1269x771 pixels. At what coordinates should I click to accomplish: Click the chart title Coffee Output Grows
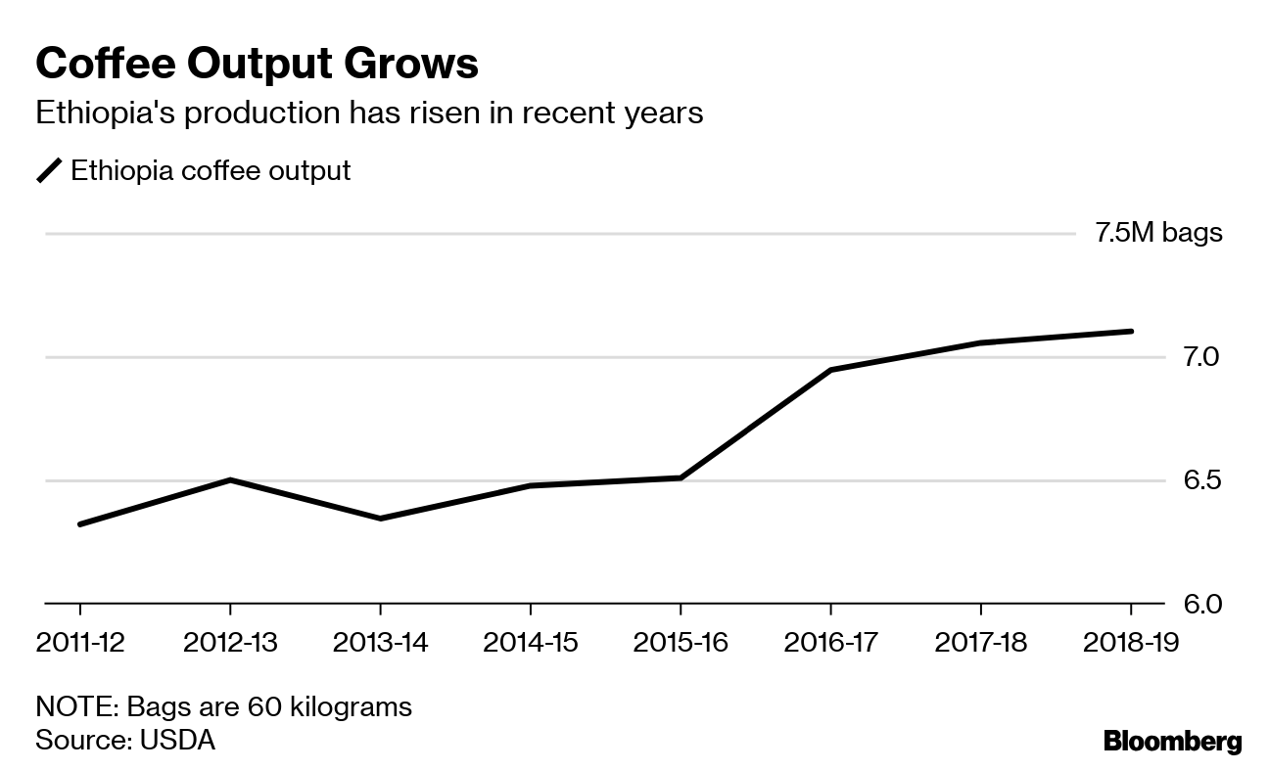[257, 65]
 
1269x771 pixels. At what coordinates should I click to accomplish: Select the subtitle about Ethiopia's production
[369, 113]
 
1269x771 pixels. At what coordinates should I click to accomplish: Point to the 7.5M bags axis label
[1158, 233]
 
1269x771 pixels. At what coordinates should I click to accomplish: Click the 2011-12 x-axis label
[79, 643]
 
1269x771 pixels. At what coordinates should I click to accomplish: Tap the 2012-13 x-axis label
[230, 643]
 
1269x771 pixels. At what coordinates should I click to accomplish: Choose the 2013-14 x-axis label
[380, 643]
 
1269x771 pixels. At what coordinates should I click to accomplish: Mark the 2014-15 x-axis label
[530, 643]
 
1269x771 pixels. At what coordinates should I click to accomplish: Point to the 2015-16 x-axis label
[681, 643]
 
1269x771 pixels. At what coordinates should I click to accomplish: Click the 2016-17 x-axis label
[830, 643]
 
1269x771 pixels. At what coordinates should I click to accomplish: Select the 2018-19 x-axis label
[1131, 643]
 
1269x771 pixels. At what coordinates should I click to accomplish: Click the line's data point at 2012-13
[230, 479]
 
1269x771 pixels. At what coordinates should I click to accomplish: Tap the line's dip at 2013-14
[380, 519]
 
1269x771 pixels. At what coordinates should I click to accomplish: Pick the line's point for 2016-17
[830, 370]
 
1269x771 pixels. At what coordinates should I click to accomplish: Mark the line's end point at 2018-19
[1131, 331]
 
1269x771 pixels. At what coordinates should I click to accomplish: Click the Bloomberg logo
[1172, 742]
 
